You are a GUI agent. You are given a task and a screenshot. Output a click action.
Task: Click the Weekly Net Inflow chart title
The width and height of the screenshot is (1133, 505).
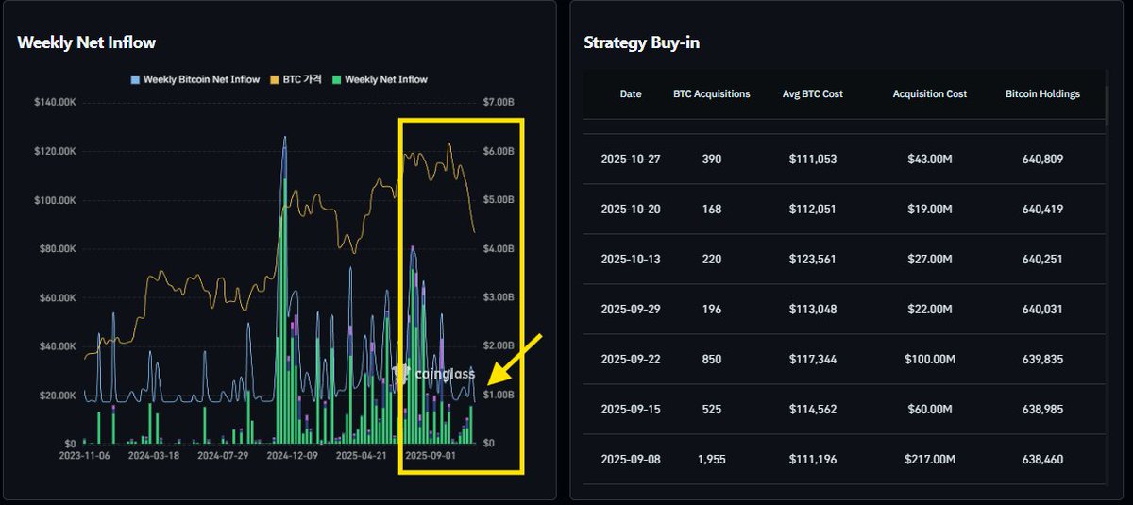tap(87, 42)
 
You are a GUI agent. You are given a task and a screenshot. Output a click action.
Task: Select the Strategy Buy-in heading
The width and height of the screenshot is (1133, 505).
tap(642, 42)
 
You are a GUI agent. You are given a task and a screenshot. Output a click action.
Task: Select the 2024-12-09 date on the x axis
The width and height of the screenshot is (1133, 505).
tap(292, 455)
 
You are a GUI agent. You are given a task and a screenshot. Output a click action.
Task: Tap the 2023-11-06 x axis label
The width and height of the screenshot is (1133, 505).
tap(83, 455)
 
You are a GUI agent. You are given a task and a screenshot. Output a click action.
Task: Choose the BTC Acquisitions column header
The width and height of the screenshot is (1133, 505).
tap(712, 94)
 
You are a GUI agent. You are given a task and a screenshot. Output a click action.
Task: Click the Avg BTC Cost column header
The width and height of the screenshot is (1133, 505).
tap(813, 94)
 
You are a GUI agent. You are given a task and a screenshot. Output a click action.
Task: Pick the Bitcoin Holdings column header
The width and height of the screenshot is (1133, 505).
tap(1042, 94)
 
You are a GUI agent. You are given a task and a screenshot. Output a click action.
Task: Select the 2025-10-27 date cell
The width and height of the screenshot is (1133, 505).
tap(631, 160)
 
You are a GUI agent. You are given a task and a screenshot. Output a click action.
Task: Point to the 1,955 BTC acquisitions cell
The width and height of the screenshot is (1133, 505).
tap(712, 460)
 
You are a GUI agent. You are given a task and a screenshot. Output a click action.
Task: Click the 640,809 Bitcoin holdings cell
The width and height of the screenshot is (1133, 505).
tap(1042, 160)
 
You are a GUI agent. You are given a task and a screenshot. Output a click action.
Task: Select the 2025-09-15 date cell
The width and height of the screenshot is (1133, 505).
tap(631, 410)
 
